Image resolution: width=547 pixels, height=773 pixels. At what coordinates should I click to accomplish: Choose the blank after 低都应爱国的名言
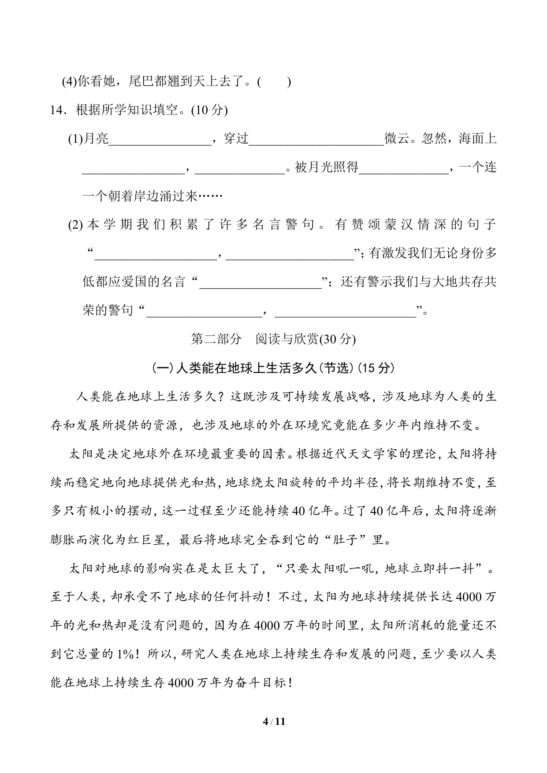[x=260, y=282]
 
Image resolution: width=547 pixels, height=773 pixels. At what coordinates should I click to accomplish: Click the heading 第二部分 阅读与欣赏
[x=273, y=339]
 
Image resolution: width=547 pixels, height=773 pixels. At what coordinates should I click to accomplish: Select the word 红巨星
[x=145, y=540]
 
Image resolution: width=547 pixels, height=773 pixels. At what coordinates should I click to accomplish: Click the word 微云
[x=396, y=140]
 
